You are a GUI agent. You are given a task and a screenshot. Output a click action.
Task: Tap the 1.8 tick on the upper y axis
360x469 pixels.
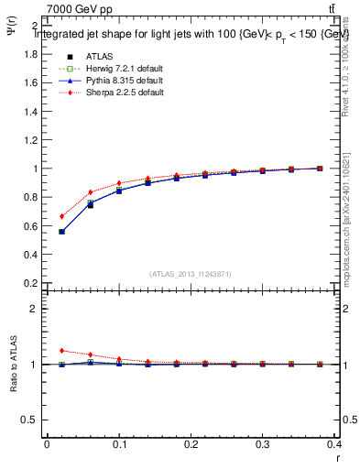coord(30,54)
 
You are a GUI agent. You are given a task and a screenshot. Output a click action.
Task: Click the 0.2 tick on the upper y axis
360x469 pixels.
coord(30,283)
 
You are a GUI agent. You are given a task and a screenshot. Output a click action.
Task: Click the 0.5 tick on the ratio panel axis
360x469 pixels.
coord(30,420)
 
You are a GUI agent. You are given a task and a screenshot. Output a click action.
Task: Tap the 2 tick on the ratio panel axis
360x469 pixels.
coord(34,309)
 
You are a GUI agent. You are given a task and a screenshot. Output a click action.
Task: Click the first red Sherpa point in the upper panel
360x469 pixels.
coord(61,217)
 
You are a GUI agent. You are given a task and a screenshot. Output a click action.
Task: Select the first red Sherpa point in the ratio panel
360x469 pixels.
coord(61,350)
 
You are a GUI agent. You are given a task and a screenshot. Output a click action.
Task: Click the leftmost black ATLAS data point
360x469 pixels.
coord(61,232)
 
